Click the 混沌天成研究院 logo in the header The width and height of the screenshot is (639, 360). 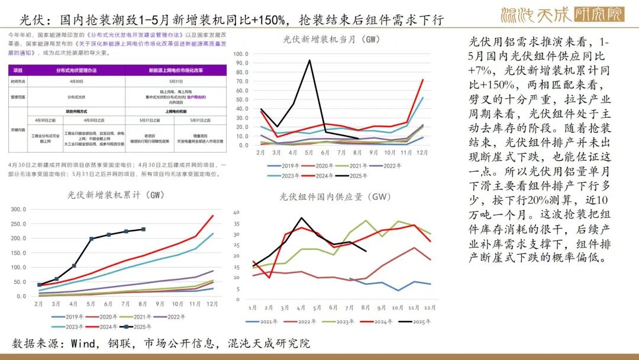[562, 14]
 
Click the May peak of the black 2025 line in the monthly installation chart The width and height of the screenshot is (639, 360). [309, 60]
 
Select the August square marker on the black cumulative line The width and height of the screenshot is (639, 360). [143, 229]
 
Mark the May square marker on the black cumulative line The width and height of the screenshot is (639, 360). [91, 239]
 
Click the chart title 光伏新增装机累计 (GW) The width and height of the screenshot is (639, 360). [115, 195]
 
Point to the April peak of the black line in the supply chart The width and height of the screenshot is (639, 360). [302, 218]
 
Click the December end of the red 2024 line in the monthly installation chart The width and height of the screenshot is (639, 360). [423, 79]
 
